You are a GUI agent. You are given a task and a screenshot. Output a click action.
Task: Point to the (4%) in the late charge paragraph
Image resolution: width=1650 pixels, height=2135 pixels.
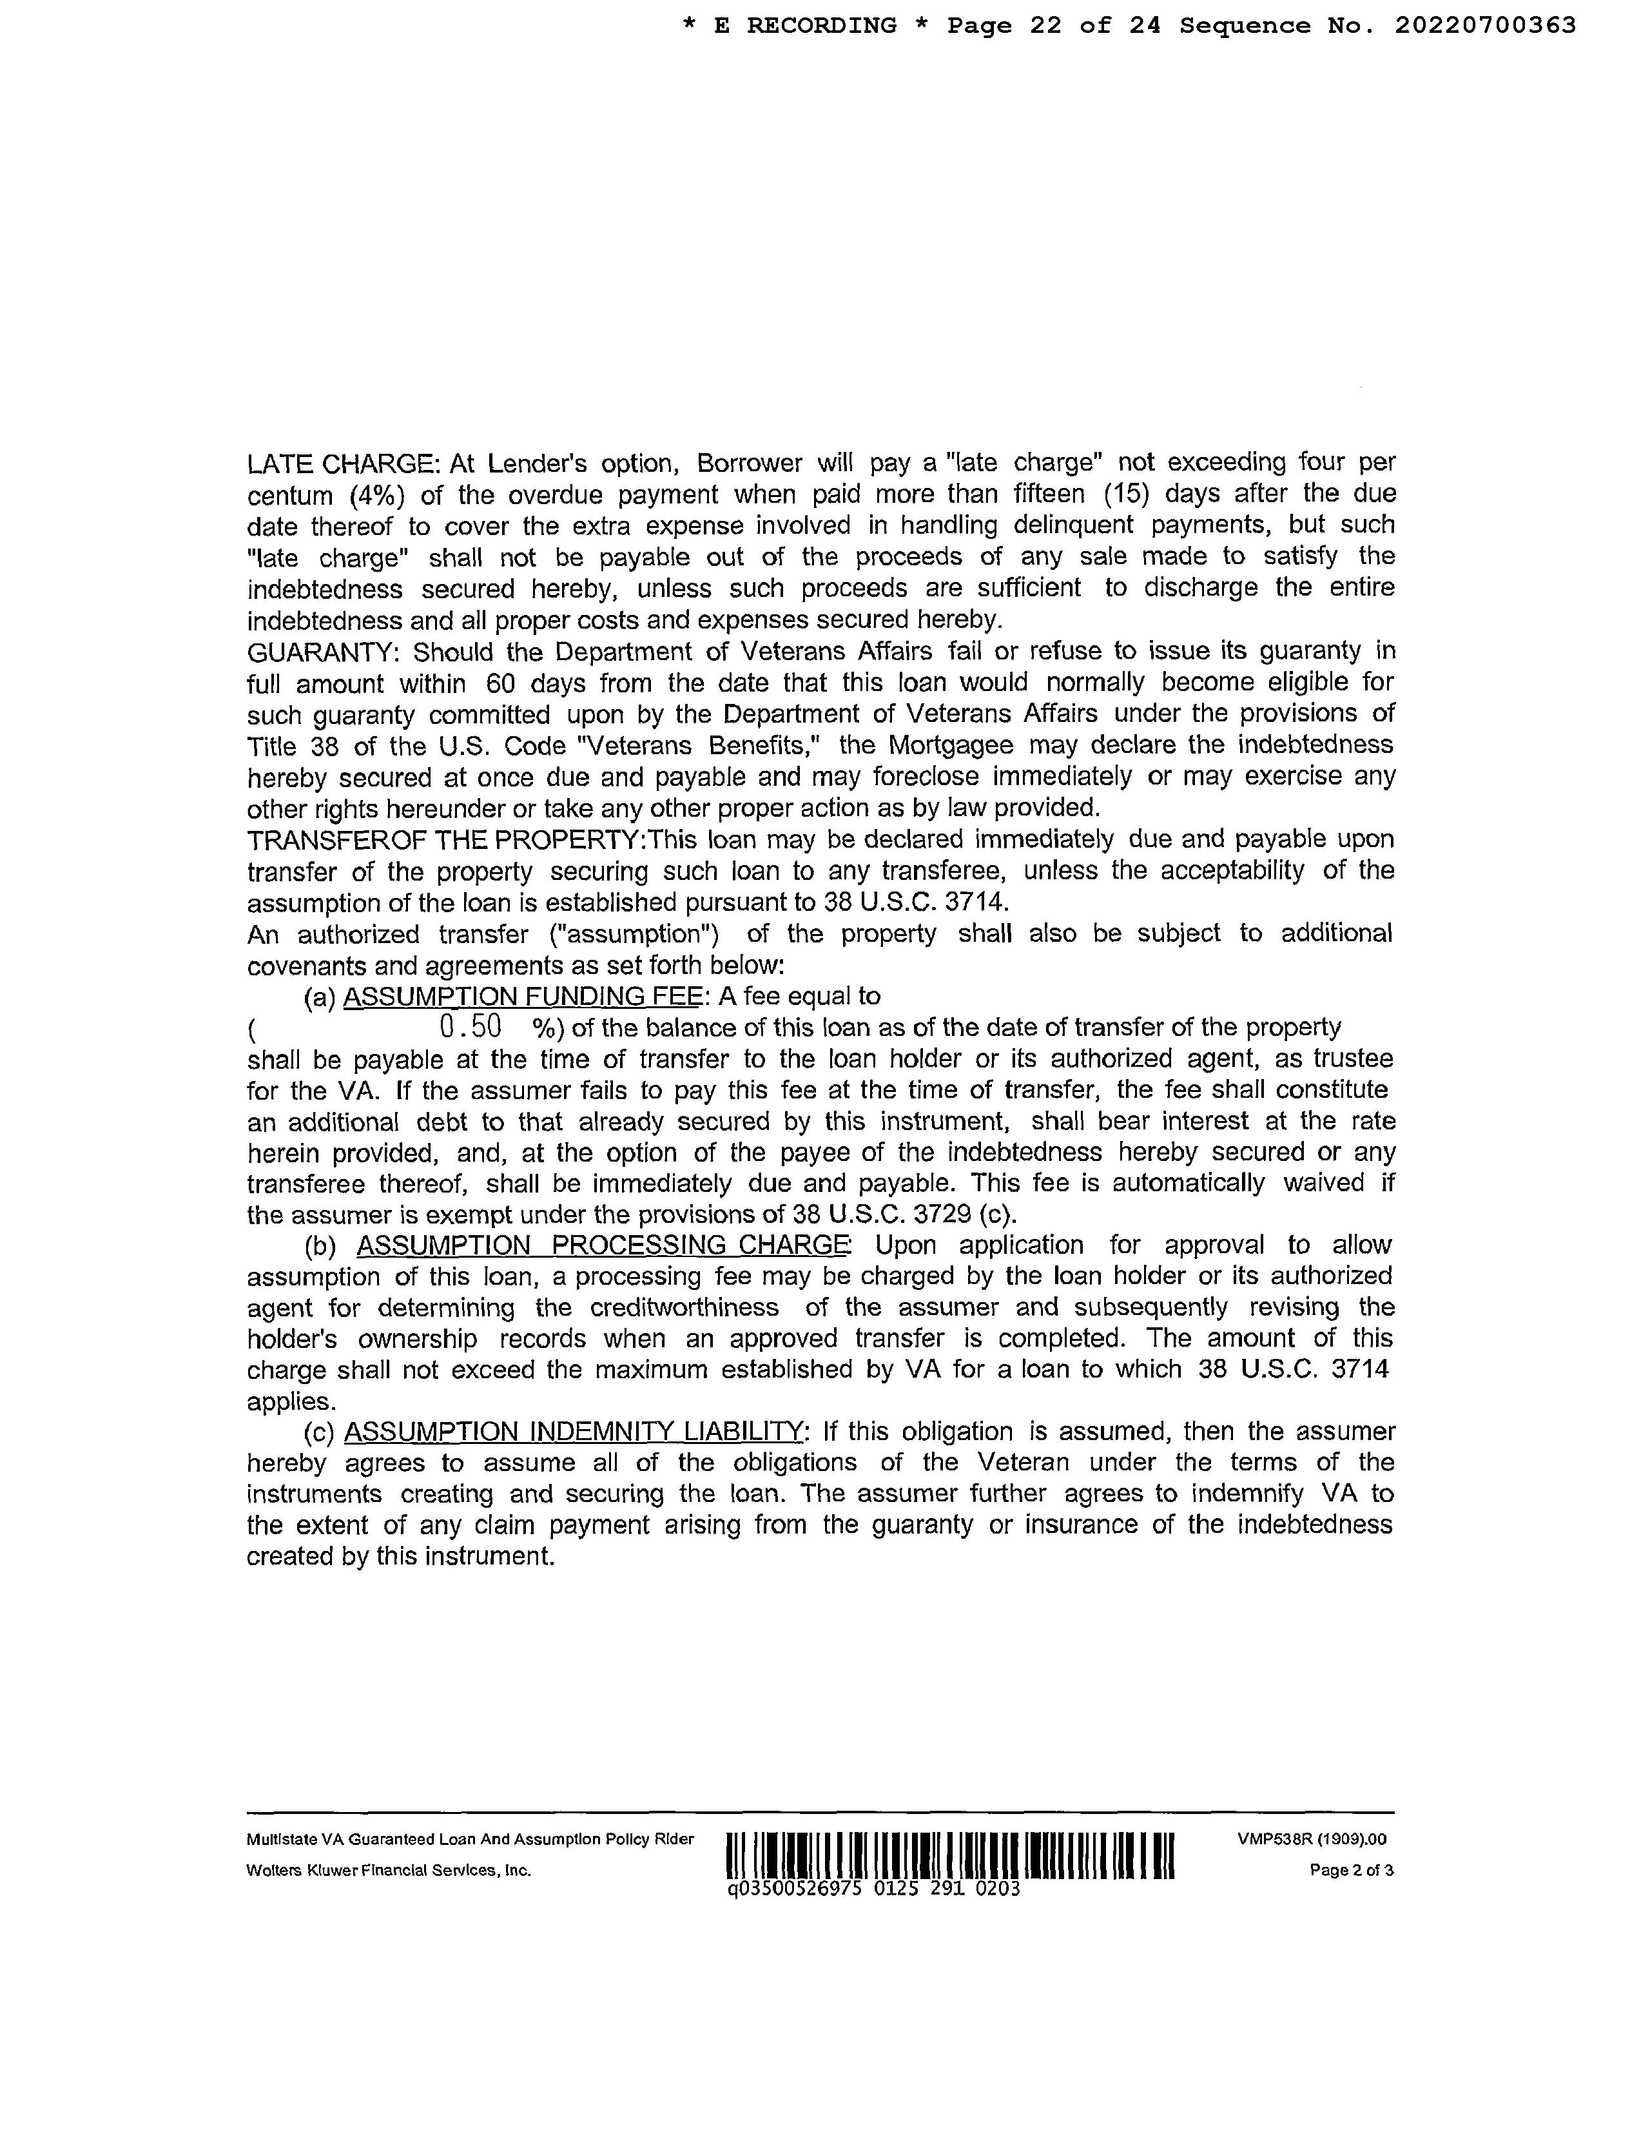[377, 494]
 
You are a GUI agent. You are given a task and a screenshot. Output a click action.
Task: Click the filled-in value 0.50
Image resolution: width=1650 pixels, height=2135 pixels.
[471, 1026]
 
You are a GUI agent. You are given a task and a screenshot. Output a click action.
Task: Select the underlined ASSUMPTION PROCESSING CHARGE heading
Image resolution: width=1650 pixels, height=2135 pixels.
[603, 1245]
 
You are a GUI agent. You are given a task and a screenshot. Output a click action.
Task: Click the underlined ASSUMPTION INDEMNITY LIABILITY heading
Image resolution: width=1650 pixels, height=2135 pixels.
[573, 1432]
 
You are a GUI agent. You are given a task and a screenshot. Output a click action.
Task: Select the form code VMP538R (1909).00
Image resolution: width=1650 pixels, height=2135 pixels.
[1312, 1839]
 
